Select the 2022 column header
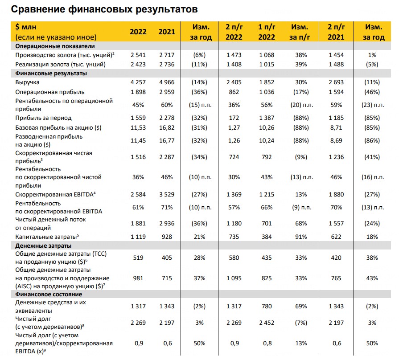click(x=138, y=32)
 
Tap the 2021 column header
click(x=167, y=32)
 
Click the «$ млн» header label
click(x=27, y=27)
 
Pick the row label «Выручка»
click(x=27, y=82)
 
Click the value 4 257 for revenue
click(x=138, y=82)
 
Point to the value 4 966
click(x=167, y=82)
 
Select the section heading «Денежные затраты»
click(x=44, y=245)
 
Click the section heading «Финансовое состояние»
click(x=48, y=295)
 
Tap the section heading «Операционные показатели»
click(x=54, y=46)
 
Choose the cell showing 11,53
click(x=138, y=127)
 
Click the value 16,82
click(x=167, y=127)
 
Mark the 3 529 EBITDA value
click(x=167, y=195)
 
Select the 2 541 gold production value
click(x=138, y=55)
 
